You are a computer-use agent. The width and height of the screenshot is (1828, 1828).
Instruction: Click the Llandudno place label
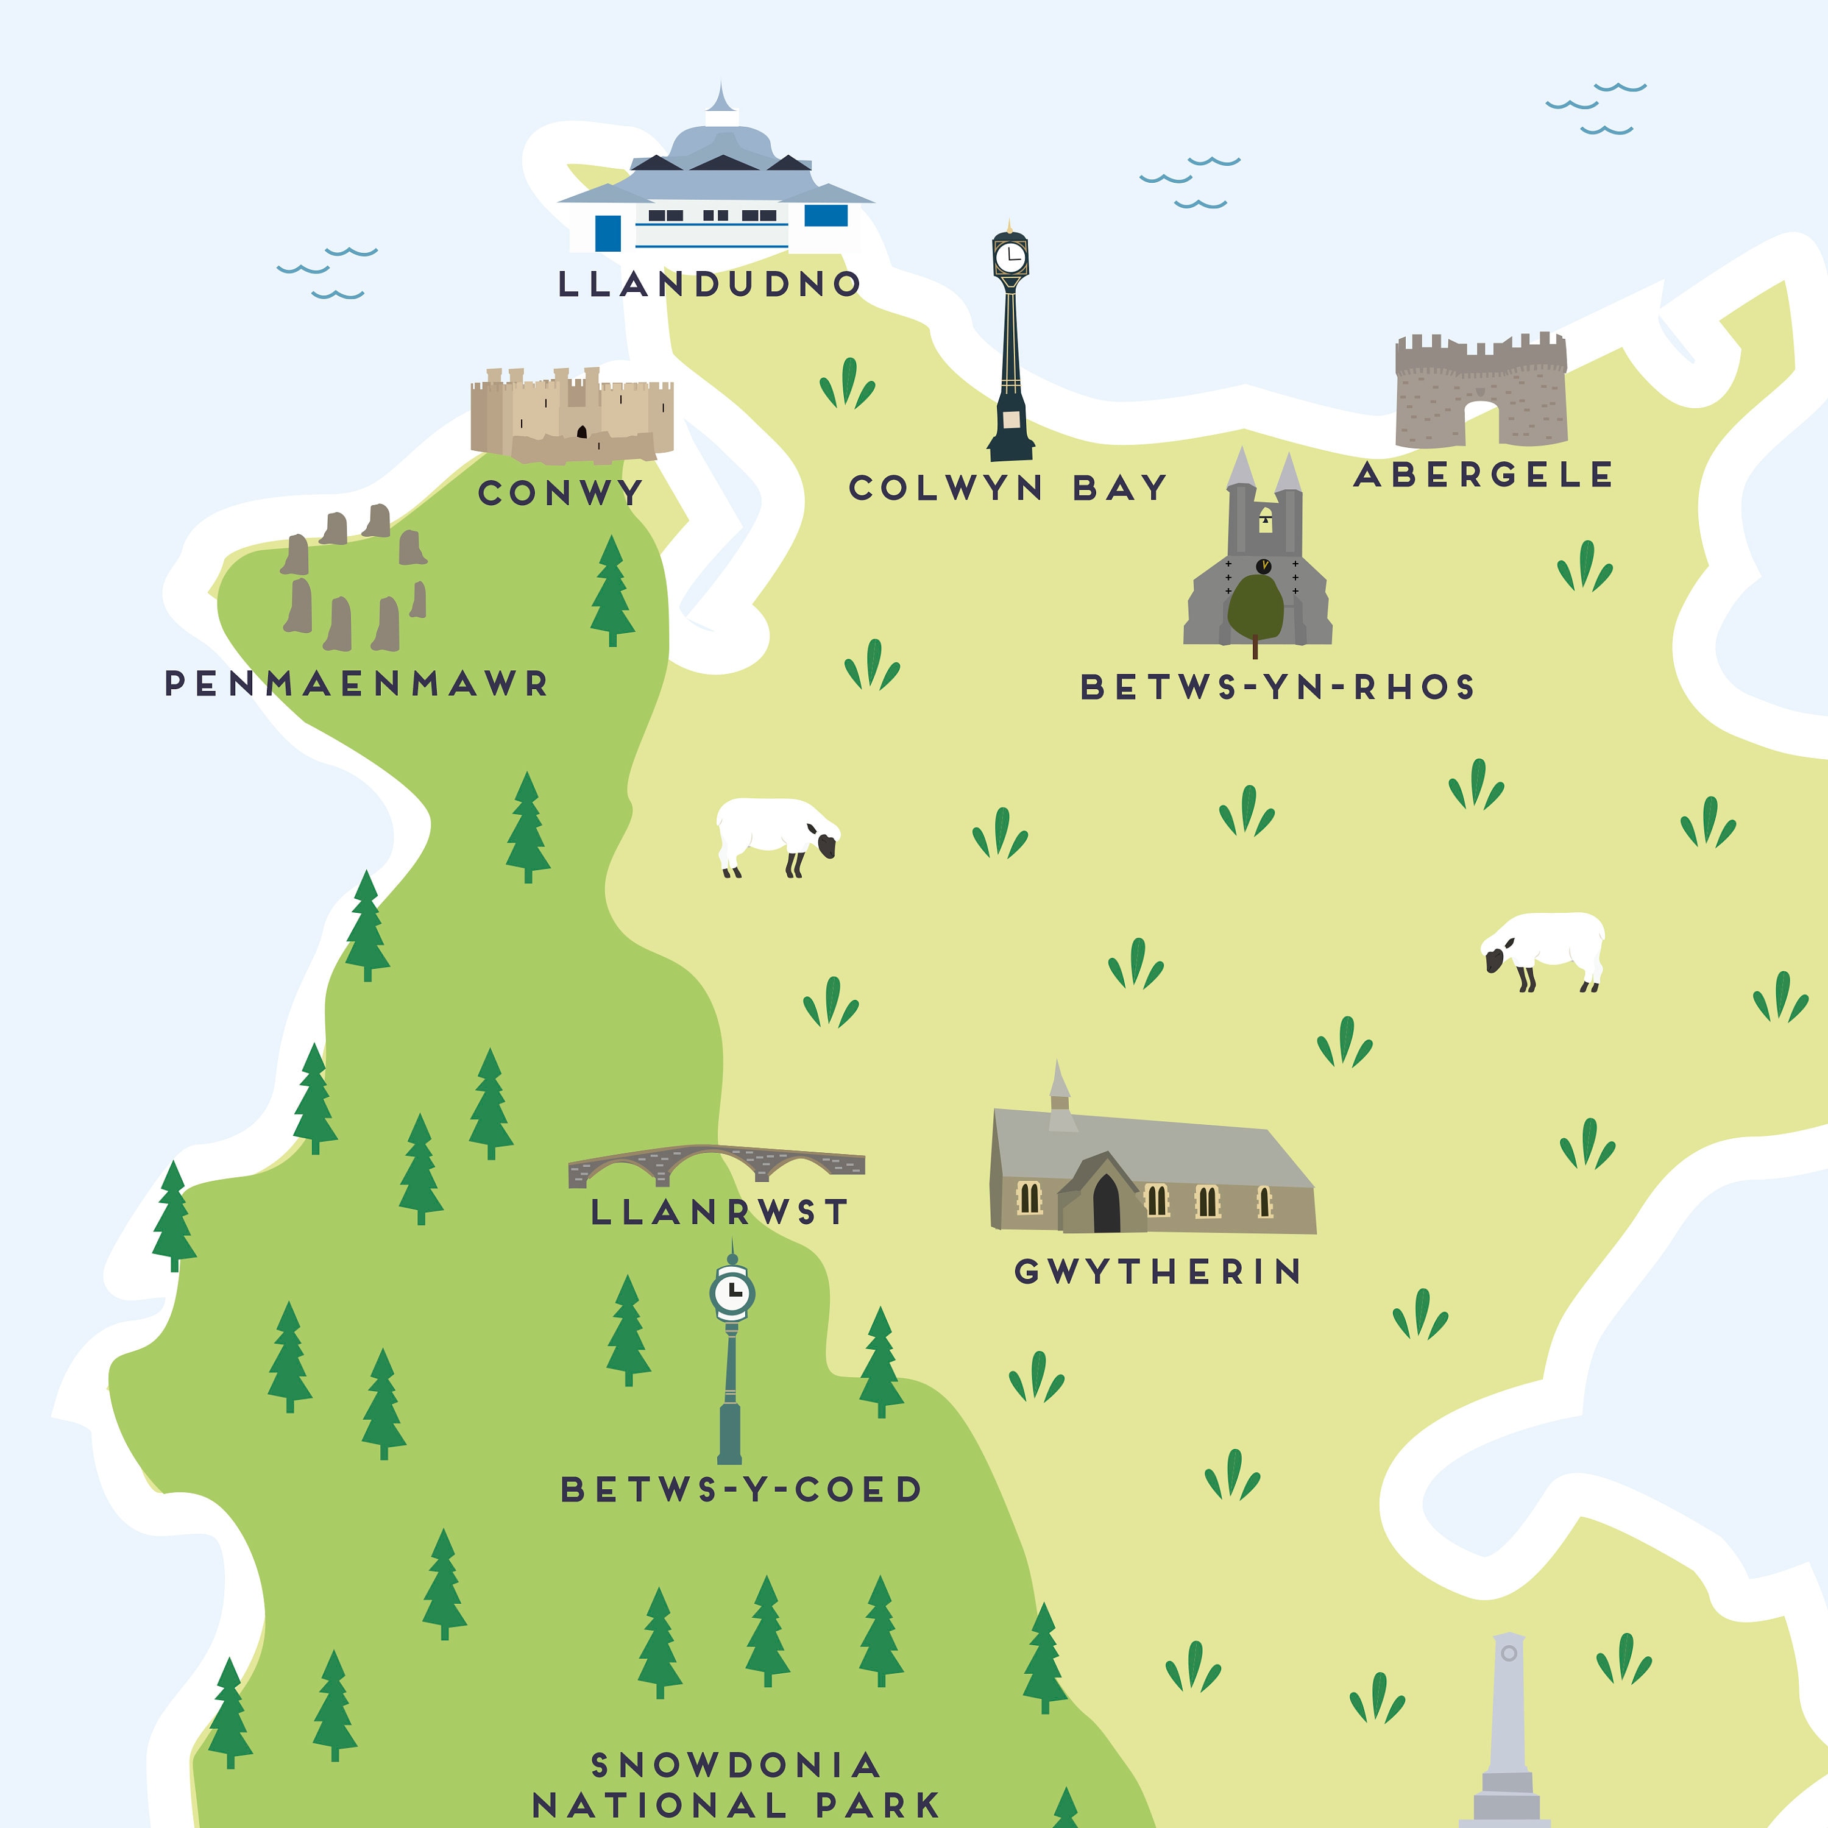click(710, 284)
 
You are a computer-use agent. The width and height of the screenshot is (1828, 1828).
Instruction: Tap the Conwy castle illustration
click(572, 416)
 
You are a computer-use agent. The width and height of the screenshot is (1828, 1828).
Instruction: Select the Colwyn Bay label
click(1008, 488)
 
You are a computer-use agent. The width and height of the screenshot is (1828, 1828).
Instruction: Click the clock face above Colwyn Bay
click(1010, 255)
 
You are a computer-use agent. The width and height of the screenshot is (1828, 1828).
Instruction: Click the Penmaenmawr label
click(356, 683)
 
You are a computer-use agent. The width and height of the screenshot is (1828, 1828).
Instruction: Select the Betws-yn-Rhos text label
click(1277, 688)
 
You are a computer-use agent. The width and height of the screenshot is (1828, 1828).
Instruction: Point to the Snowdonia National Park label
click(735, 1785)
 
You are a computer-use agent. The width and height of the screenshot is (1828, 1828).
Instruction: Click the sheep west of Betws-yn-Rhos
click(776, 835)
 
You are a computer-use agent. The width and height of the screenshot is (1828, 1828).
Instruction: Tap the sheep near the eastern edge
click(1544, 949)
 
